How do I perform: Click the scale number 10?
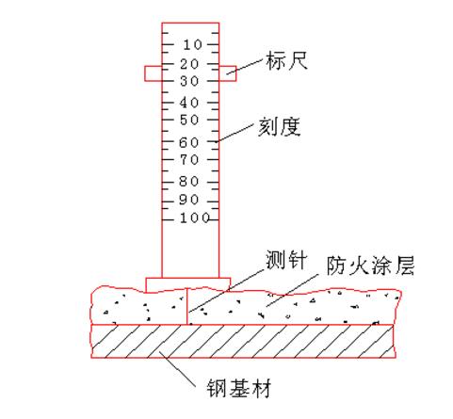192,45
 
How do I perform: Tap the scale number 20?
189,64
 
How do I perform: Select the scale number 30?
189,82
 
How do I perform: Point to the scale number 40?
189,103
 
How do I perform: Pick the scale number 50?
189,120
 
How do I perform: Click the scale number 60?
189,143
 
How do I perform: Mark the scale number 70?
189,160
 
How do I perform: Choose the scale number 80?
188,182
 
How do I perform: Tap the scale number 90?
188,200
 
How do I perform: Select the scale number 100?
195,218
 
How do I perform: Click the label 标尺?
286,60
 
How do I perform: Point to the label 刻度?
279,127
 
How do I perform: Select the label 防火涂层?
370,266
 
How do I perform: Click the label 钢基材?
238,389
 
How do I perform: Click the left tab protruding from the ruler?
154,73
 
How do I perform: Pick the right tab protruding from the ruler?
228,73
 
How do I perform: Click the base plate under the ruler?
188,284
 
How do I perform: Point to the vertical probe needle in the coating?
187,306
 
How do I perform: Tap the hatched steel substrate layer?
242,341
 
